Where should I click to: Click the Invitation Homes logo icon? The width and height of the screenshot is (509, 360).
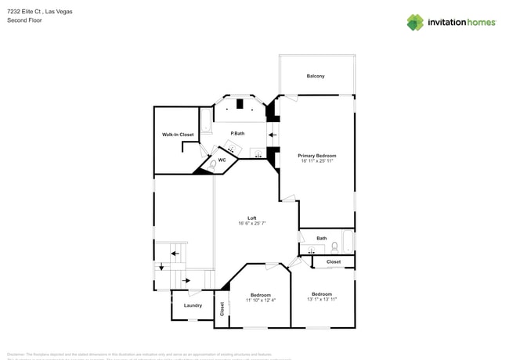pyautogui.click(x=415, y=22)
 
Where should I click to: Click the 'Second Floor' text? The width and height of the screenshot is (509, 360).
pyautogui.click(x=24, y=20)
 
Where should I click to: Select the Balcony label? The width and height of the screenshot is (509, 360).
pyautogui.click(x=315, y=76)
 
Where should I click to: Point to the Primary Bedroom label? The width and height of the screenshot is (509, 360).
pyautogui.click(x=317, y=156)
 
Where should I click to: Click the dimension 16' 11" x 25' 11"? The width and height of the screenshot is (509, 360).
pyautogui.click(x=317, y=161)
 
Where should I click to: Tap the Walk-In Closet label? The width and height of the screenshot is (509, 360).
pyautogui.click(x=178, y=135)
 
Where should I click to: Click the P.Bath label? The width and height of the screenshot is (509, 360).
pyautogui.click(x=237, y=133)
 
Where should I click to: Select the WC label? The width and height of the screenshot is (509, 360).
pyautogui.click(x=222, y=160)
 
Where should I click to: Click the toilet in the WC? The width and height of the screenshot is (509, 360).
pyautogui.click(x=211, y=165)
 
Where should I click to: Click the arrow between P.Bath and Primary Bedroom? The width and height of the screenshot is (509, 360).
pyautogui.click(x=273, y=134)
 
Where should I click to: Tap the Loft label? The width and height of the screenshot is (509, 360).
pyautogui.click(x=251, y=218)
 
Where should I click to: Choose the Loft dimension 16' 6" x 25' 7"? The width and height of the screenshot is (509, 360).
pyautogui.click(x=252, y=224)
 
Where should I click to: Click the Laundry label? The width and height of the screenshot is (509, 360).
pyautogui.click(x=193, y=305)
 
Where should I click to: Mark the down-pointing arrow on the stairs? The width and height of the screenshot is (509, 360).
pyautogui.click(x=161, y=266)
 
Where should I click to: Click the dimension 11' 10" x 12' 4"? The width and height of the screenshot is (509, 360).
pyautogui.click(x=261, y=301)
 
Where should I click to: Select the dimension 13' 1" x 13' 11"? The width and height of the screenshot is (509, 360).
pyautogui.click(x=322, y=299)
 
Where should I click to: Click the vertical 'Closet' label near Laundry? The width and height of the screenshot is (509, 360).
pyautogui.click(x=222, y=308)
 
